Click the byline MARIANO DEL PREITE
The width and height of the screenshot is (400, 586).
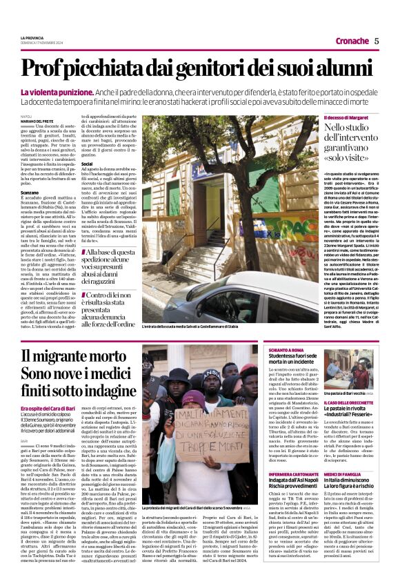click(x=37, y=121)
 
